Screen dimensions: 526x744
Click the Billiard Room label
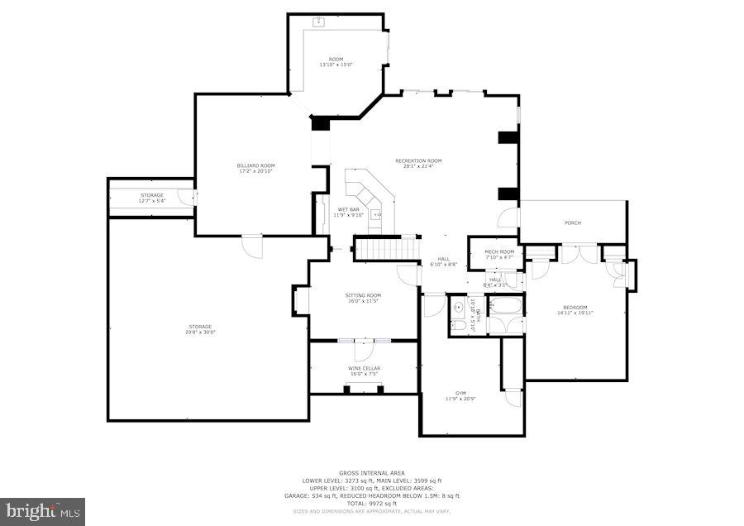255,165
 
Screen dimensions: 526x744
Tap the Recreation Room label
418,160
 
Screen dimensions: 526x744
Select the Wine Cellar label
364,368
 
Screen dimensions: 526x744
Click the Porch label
572,222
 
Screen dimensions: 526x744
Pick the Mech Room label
498,251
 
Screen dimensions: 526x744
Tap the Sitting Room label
363,295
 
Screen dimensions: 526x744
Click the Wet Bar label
348,210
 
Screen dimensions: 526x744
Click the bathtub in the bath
503,307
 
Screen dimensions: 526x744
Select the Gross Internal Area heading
371,473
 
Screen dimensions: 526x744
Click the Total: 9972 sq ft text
371,503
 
